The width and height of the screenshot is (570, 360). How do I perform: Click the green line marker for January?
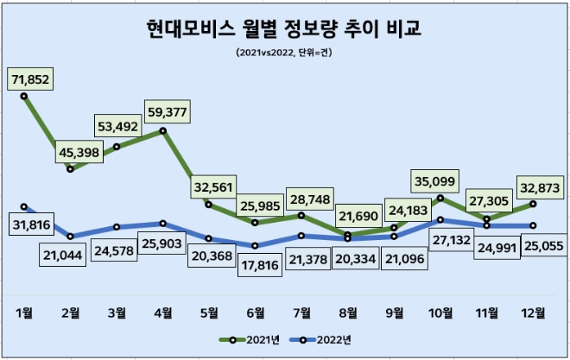[24, 96]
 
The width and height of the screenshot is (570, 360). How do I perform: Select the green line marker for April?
[163, 131]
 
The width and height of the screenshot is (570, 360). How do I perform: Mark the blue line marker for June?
[256, 245]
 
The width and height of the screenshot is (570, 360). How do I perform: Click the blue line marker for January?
[24, 207]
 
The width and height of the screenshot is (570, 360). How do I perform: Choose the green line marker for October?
[440, 199]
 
